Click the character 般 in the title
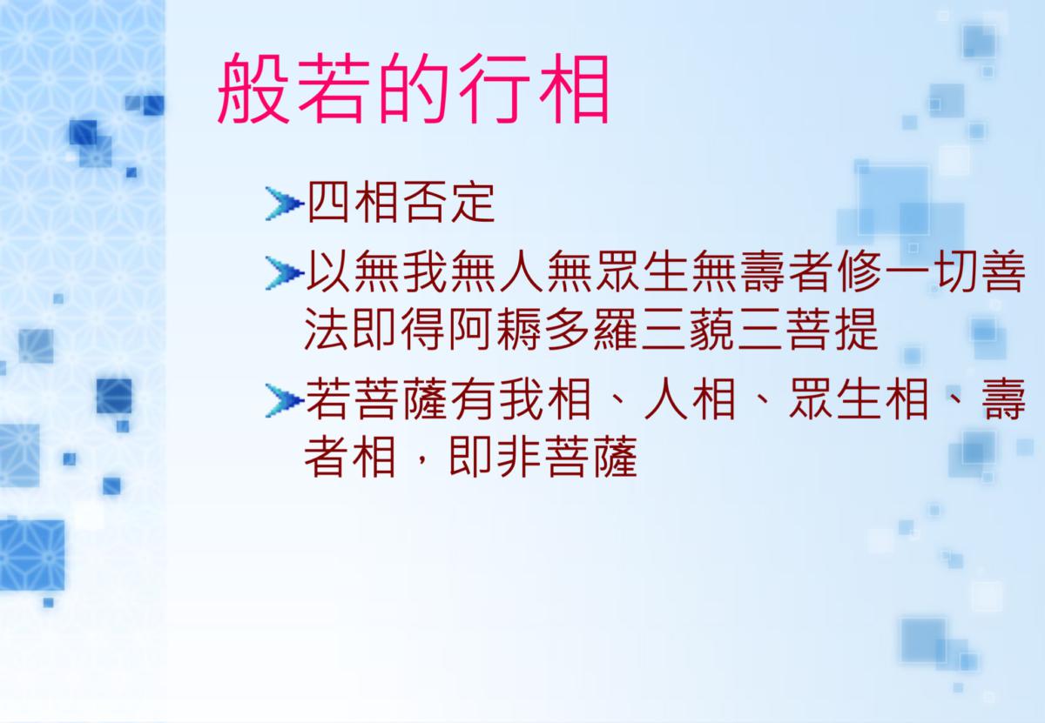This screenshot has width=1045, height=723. (253, 88)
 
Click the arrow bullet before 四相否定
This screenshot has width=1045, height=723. (284, 204)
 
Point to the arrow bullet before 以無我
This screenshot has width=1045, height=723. (284, 272)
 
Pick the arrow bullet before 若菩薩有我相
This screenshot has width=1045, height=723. (284, 400)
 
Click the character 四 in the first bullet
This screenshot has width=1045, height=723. (328, 203)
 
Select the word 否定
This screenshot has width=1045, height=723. (448, 203)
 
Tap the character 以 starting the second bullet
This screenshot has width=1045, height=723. (327, 271)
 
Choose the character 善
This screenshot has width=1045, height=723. (1003, 271)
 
